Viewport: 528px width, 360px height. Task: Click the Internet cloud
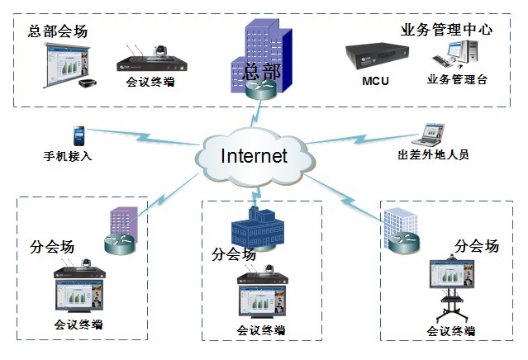(x=253, y=155)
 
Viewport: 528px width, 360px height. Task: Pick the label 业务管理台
(x=457, y=80)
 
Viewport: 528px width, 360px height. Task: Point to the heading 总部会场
(x=58, y=31)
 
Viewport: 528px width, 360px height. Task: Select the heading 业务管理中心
(x=446, y=30)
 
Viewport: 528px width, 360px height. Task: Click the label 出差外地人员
(x=433, y=154)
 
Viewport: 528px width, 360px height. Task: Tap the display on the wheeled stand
(x=450, y=275)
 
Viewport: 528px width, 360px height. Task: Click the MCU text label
(x=375, y=82)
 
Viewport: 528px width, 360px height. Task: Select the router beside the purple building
(x=117, y=243)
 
